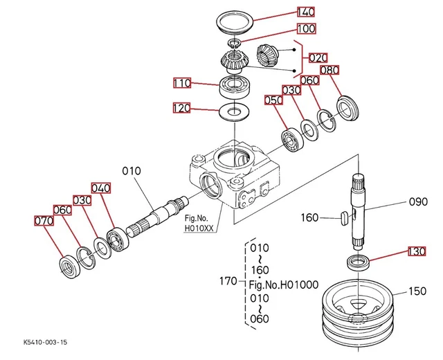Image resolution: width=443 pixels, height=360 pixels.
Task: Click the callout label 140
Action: (305, 12)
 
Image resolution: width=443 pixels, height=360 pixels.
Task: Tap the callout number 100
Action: (305, 29)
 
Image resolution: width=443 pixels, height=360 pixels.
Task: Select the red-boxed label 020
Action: (318, 57)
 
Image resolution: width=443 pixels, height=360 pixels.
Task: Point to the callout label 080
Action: (329, 70)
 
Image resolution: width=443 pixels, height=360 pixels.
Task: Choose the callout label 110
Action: (182, 83)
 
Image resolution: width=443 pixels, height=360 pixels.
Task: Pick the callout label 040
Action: (101, 188)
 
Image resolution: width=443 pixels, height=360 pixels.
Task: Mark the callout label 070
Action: (43, 221)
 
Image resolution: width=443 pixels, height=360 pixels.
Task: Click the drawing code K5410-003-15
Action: (46, 343)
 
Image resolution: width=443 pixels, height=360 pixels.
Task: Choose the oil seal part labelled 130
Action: (358, 262)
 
